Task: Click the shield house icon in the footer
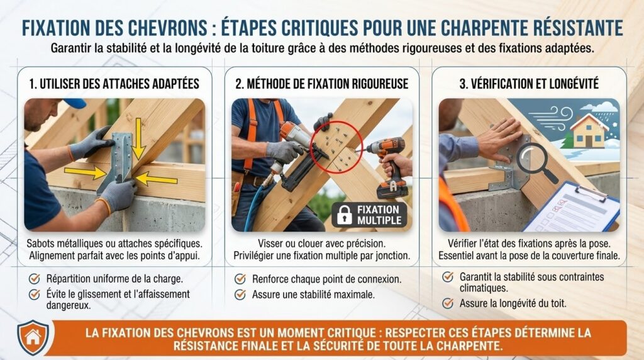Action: pyautogui.click(x=33, y=337)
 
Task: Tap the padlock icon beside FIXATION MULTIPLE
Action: pyautogui.click(x=344, y=215)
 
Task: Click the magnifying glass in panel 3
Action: pyautogui.click(x=535, y=162)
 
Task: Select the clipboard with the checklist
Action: pyautogui.click(x=572, y=208)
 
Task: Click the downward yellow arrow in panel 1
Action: pyautogui.click(x=138, y=138)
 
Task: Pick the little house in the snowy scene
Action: pyautogui.click(x=588, y=131)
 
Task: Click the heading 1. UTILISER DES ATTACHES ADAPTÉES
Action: pyautogui.click(x=114, y=84)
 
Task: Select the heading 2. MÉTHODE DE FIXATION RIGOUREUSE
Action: pyautogui.click(x=322, y=84)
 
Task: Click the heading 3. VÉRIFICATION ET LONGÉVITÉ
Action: pyautogui.click(x=529, y=84)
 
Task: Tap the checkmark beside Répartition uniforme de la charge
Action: pyautogui.click(x=35, y=279)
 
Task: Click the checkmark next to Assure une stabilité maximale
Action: pyautogui.click(x=240, y=295)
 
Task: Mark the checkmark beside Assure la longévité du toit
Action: pyautogui.click(x=448, y=304)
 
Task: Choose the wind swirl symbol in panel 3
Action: pyautogui.click(x=552, y=118)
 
